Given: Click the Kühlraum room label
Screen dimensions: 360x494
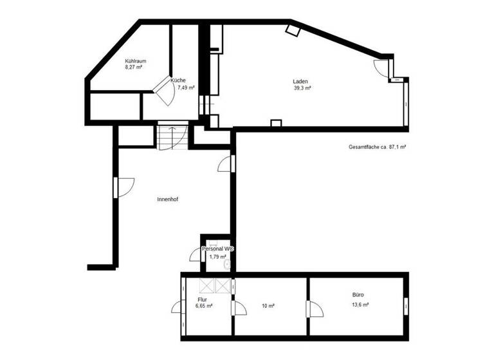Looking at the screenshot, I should click(135, 61).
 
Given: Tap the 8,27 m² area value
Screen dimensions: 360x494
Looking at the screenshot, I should click(134, 67).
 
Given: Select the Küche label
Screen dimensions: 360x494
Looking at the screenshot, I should click(178, 80).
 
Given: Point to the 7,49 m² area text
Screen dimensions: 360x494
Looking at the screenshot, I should click(186, 87).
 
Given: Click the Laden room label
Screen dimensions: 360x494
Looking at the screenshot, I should click(300, 82).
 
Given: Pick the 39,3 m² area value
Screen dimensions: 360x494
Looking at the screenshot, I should click(302, 89).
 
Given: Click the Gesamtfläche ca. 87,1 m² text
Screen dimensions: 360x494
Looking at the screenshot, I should click(377, 147).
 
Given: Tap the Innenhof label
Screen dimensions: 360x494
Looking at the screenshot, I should click(167, 199).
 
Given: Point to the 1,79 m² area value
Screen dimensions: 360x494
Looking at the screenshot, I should click(218, 256).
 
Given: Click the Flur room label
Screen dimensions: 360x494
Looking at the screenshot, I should click(202, 300).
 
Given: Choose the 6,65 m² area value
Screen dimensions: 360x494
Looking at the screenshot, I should click(204, 306).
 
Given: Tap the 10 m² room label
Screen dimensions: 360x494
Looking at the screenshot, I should click(268, 306).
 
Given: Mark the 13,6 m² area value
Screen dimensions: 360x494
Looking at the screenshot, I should click(360, 305).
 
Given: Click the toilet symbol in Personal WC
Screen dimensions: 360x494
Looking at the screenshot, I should click(226, 264).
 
